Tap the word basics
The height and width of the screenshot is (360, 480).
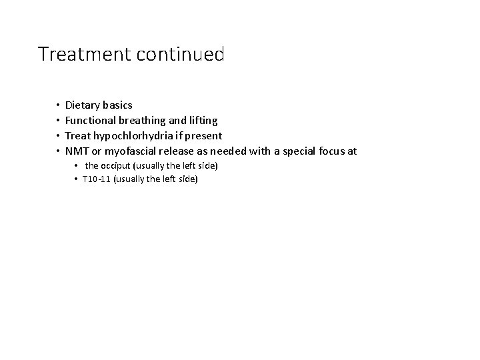pyautogui.click(x=118, y=105)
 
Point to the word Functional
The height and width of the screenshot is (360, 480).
pyautogui.click(x=91, y=121)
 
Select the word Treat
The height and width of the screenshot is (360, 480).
pyautogui.click(x=78, y=136)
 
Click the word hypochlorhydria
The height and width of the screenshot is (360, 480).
pyautogui.click(x=135, y=136)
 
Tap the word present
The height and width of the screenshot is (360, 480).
pyautogui.click(x=203, y=136)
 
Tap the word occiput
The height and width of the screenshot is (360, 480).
pyautogui.click(x=117, y=165)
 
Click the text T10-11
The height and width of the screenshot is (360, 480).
pyautogui.click(x=97, y=179)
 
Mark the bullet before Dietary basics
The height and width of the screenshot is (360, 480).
pyautogui.click(x=58, y=105)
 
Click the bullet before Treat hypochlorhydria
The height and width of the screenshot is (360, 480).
pyautogui.click(x=58, y=136)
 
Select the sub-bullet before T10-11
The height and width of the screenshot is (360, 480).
pyautogui.click(x=77, y=179)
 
